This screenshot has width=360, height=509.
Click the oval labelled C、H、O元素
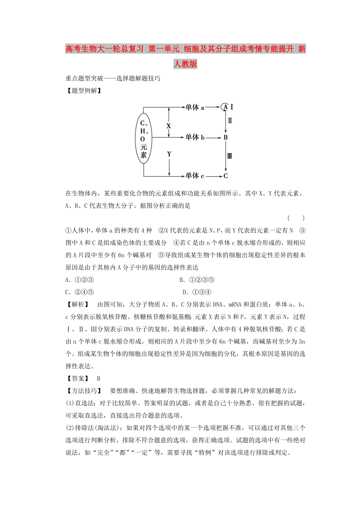[143, 138]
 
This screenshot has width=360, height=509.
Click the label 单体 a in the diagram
[195, 107]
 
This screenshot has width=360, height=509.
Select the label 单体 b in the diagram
[195, 137]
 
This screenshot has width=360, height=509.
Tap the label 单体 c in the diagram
[195, 176]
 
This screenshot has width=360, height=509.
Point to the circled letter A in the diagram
[225, 107]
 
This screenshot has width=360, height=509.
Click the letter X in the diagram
[169, 126]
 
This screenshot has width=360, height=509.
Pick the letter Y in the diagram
[169, 154]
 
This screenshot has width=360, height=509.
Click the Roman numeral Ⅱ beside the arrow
[230, 121]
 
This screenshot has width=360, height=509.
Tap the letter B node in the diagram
[225, 138]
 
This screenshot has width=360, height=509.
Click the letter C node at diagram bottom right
[225, 176]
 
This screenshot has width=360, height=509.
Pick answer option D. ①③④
[197, 292]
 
